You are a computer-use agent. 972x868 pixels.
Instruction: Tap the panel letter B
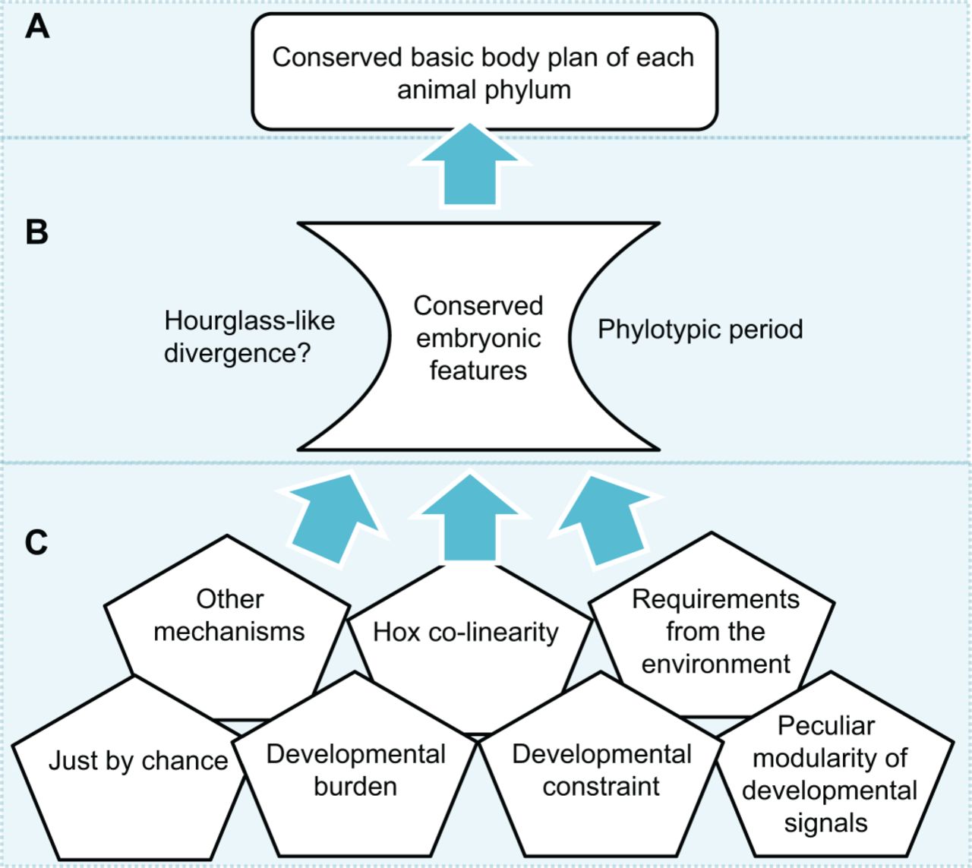36,232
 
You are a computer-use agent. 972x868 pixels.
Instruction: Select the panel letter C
36,542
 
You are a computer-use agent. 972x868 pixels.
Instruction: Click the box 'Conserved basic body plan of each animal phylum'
484,72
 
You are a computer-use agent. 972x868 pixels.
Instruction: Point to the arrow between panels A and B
470,165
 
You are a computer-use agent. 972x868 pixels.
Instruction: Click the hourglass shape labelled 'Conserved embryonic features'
478,338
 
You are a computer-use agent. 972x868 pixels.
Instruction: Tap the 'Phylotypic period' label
700,330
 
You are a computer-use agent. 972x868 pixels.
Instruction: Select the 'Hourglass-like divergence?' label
249,336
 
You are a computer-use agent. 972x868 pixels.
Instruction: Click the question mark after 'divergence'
304,353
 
